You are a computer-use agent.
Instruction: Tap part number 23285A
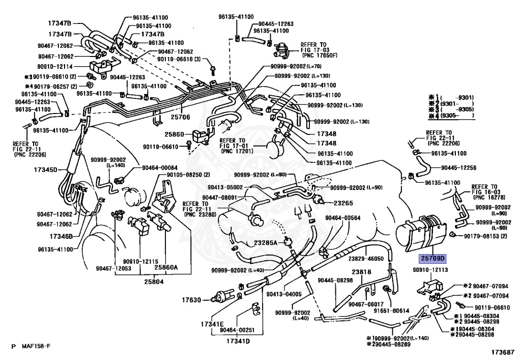(x=266, y=243)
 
